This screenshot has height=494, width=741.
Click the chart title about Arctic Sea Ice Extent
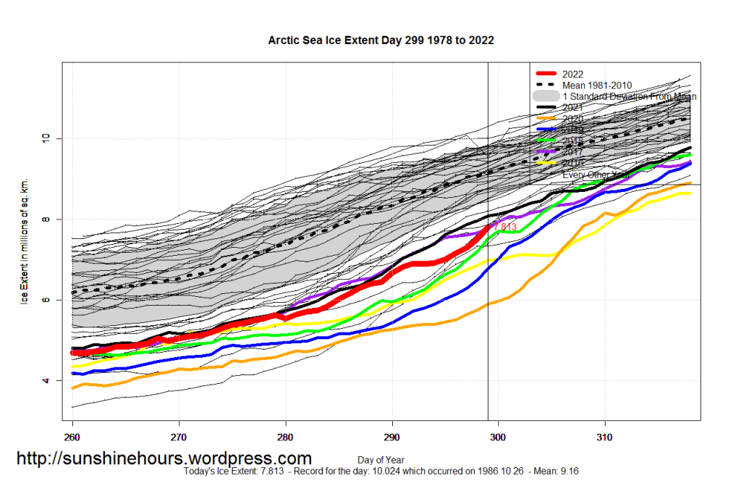click(381, 41)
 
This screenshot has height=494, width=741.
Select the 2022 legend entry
click(572, 74)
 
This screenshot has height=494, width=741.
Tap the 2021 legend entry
click(572, 107)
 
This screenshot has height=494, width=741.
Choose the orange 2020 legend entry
click(572, 119)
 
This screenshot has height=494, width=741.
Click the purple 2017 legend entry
click(572, 152)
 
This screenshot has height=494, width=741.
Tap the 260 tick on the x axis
click(72, 438)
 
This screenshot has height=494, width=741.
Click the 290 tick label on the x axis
click(392, 438)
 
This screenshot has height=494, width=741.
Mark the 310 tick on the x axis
click(605, 438)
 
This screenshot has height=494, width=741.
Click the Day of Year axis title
click(381, 460)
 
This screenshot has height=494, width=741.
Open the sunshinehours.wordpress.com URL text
click(164, 459)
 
